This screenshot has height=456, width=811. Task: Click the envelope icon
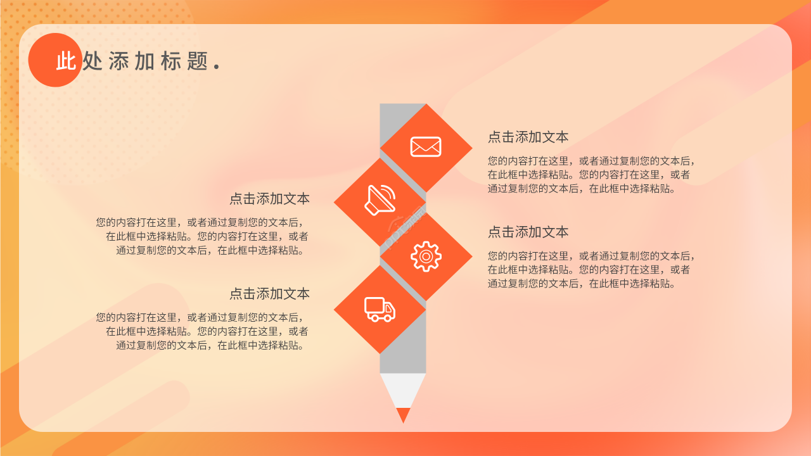(x=426, y=147)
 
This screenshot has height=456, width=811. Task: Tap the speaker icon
(x=380, y=200)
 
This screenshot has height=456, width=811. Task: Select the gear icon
(x=426, y=256)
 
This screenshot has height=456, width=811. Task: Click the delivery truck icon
(x=380, y=309)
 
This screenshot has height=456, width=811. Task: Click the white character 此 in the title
(x=66, y=61)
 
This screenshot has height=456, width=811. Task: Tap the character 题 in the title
(x=198, y=61)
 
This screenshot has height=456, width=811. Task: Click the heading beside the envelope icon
(x=528, y=137)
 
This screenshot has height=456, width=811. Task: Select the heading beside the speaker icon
(x=269, y=199)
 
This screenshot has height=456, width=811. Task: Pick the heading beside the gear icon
(x=528, y=232)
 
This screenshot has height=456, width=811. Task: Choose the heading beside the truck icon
(x=269, y=294)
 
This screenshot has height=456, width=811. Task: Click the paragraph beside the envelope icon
(x=591, y=174)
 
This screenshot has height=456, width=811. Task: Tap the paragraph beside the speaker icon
(x=203, y=236)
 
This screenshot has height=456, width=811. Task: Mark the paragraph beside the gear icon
(x=591, y=269)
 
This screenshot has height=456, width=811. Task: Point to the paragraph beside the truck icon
(x=203, y=331)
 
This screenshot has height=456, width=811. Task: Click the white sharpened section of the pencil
(x=403, y=388)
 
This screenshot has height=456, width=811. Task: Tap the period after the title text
(x=217, y=66)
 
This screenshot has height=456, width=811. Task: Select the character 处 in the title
(x=93, y=61)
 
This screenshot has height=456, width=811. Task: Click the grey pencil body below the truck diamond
(x=403, y=355)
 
